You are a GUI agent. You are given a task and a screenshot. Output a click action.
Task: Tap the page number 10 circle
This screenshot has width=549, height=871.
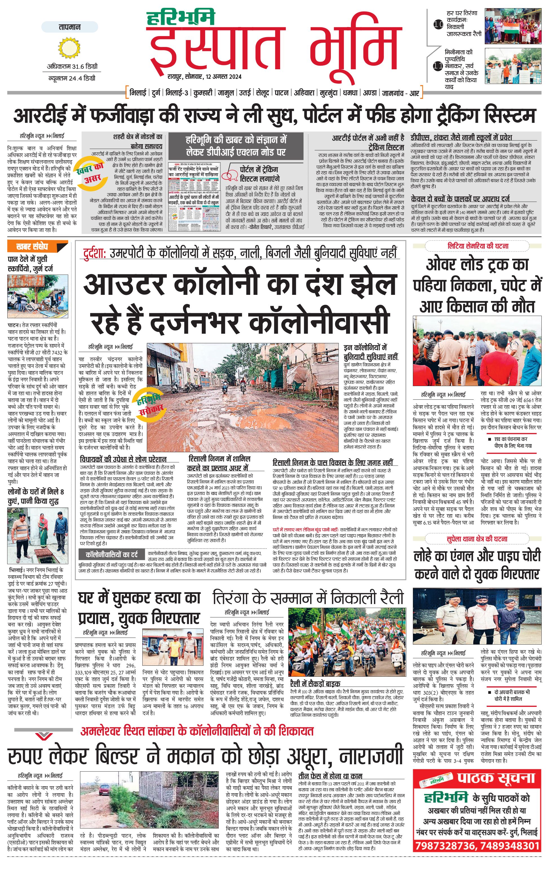438,25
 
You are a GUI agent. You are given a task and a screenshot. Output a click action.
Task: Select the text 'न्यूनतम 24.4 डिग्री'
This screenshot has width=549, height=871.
72,78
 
